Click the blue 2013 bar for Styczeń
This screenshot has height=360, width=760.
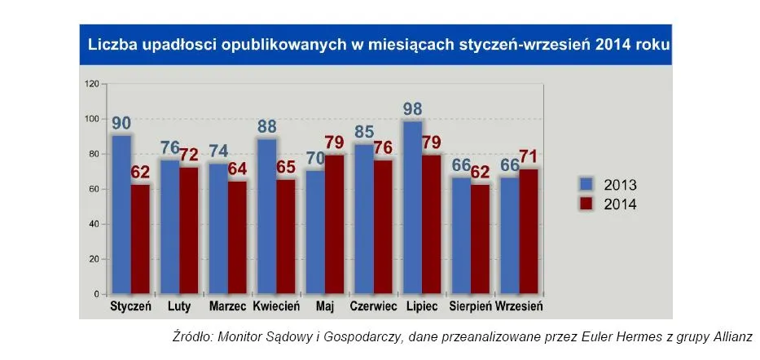[121, 213]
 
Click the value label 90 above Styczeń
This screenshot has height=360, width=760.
[121, 124]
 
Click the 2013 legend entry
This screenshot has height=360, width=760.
[607, 184]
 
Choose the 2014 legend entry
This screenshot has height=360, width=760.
[607, 204]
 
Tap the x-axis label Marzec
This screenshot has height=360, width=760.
[227, 307]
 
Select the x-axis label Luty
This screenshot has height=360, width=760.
[179, 307]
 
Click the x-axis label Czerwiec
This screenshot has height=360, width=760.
[373, 307]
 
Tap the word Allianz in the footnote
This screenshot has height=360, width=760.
[728, 336]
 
